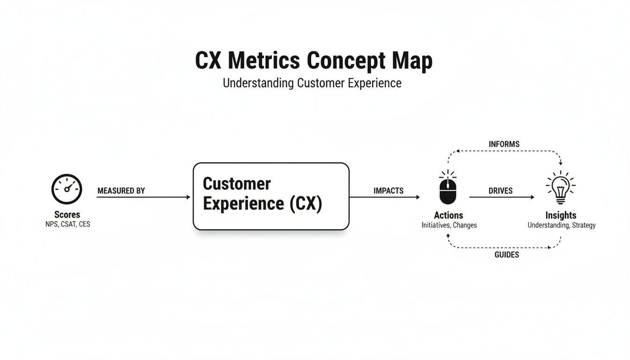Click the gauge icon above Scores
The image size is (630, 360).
(x=67, y=189)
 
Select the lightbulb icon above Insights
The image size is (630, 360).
(x=561, y=188)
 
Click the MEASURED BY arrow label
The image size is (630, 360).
(x=121, y=191)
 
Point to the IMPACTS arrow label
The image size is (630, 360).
(x=389, y=191)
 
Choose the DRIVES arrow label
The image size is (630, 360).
(x=501, y=191)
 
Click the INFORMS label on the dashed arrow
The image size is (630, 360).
(x=504, y=144)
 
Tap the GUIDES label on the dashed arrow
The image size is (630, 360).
(x=507, y=255)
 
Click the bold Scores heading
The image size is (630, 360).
(x=67, y=215)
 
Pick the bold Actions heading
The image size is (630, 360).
(x=449, y=215)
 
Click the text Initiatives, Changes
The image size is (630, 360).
(x=449, y=225)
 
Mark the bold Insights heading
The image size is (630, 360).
(x=561, y=215)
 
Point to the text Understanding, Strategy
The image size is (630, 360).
(x=562, y=225)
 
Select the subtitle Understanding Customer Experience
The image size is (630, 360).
(x=312, y=83)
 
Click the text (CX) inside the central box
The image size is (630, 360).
(x=306, y=204)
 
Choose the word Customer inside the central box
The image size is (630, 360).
(x=237, y=183)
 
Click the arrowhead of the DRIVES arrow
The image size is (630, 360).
(x=532, y=197)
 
